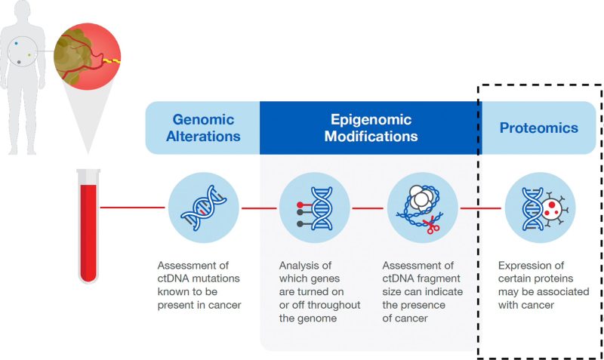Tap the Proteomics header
538,128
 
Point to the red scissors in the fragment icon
433,225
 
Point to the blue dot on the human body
17,45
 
